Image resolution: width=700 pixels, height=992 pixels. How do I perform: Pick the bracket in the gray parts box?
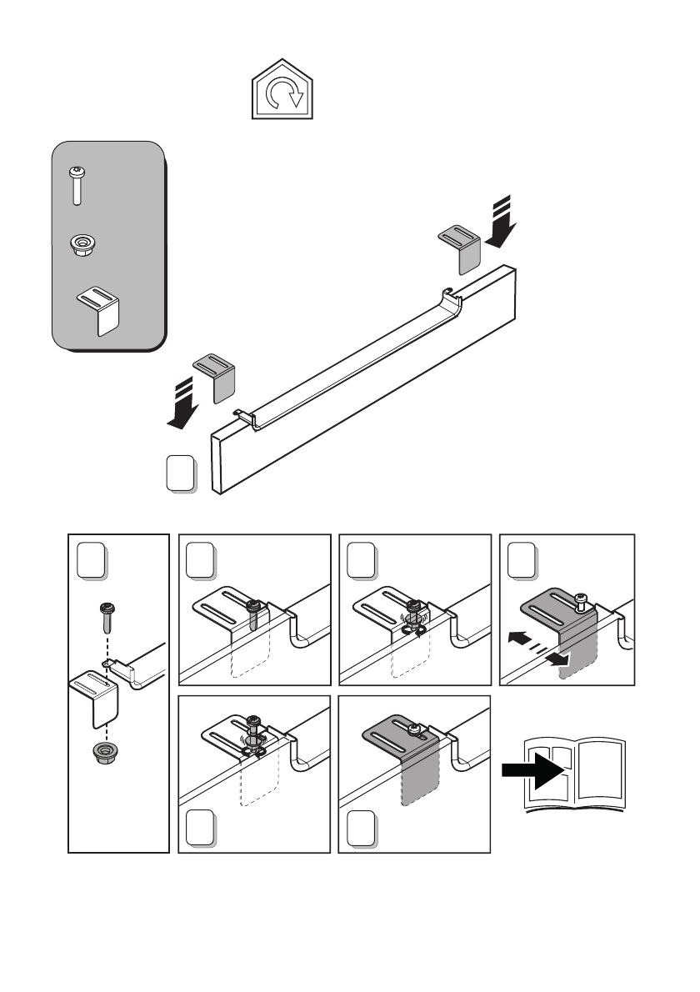98,309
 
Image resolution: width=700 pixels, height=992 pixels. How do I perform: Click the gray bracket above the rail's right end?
460,247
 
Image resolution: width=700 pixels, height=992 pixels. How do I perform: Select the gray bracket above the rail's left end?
216,377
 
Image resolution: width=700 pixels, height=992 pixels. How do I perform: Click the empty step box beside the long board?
182,473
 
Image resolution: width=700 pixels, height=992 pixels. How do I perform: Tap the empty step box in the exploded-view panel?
92,561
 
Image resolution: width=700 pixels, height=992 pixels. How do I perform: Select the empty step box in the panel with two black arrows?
522,561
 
